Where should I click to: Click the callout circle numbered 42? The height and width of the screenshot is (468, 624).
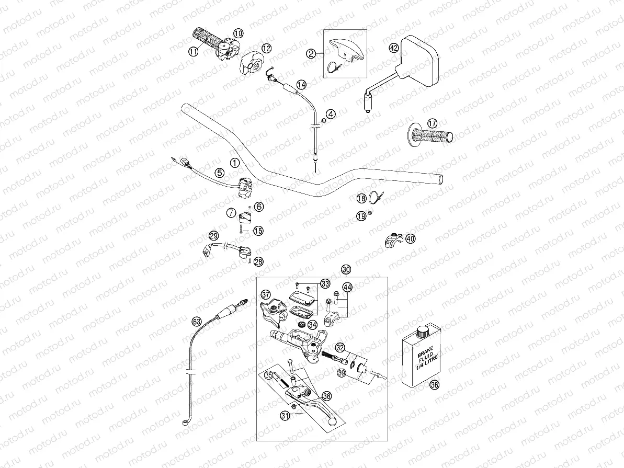(394, 48)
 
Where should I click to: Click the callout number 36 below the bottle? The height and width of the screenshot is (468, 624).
(434, 385)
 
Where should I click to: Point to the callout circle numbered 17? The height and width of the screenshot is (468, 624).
(432, 123)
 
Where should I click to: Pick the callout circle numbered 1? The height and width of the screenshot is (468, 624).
(234, 163)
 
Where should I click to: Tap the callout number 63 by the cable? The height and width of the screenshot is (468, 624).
(196, 321)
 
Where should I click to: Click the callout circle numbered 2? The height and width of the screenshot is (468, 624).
(311, 53)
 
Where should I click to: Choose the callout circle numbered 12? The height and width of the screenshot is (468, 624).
(266, 48)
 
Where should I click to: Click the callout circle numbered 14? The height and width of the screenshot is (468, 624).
(301, 84)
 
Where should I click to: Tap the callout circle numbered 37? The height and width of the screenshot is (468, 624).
(266, 294)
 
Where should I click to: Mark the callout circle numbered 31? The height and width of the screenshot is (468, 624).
(285, 416)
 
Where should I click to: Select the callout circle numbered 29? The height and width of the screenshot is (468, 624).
(213, 235)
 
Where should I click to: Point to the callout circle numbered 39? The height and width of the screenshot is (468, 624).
(342, 373)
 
